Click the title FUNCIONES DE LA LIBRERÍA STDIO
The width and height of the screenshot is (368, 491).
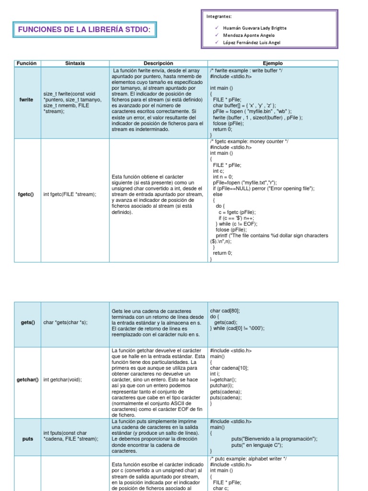click(84, 30)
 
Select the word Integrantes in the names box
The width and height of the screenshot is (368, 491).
click(218, 16)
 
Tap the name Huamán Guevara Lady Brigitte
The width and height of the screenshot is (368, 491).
click(254, 28)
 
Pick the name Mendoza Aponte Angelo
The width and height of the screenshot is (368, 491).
click(249, 35)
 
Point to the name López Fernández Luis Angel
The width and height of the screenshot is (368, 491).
click(252, 42)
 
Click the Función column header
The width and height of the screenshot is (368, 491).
click(26, 63)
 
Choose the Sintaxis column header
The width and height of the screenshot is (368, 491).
click(75, 63)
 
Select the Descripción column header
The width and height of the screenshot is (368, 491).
click(158, 63)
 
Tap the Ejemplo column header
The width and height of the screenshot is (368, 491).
click(273, 63)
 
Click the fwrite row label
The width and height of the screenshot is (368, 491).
click(26, 100)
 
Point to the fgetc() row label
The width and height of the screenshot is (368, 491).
click(26, 194)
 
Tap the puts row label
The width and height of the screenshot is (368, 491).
click(28, 439)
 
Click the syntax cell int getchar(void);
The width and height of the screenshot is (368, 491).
click(62, 379)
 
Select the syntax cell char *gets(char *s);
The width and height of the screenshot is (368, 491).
click(65, 322)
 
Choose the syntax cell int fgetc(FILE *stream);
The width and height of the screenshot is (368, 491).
click(69, 194)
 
